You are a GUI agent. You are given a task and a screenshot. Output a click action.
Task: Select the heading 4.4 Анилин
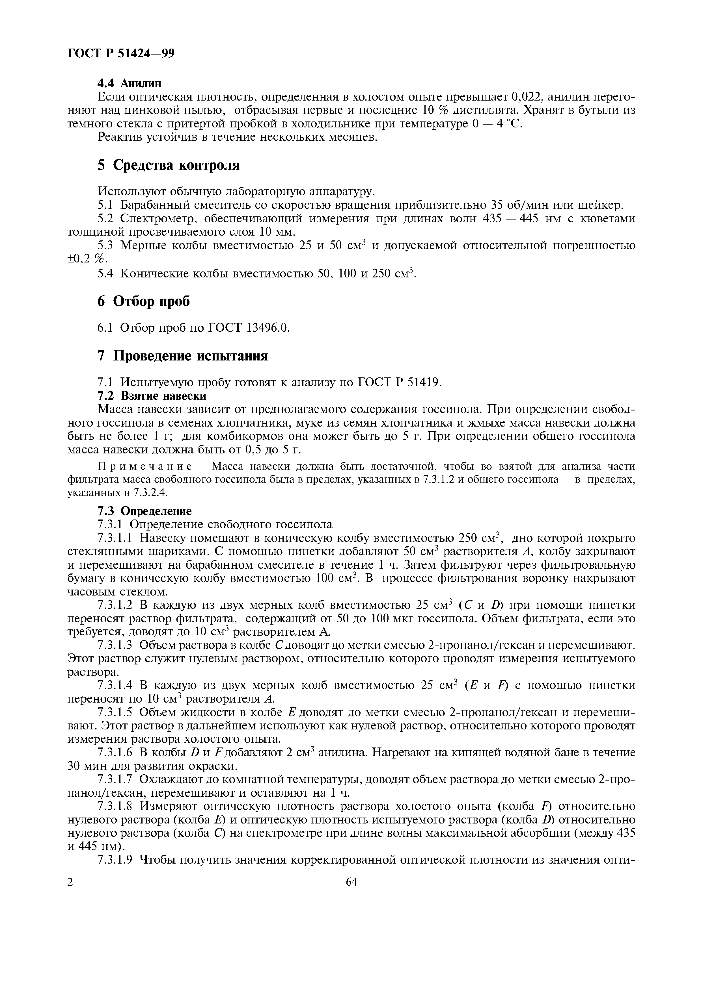click(129, 83)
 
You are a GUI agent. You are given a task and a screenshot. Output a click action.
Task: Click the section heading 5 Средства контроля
click(169, 165)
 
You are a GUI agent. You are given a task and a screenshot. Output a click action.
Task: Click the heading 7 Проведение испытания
click(182, 356)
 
